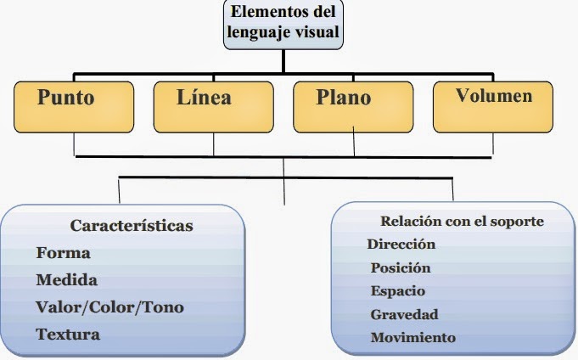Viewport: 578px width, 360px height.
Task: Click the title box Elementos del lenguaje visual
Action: coord(283,24)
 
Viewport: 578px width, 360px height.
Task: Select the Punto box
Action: coord(73,106)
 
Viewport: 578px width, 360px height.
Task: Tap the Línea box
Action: coord(213,106)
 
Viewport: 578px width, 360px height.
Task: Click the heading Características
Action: coord(132,226)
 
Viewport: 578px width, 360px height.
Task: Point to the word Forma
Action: coord(64,253)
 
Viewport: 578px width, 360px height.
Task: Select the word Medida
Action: coord(67,279)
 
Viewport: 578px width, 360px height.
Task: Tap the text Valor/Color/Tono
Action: coord(109,307)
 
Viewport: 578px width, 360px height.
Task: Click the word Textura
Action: coord(68,334)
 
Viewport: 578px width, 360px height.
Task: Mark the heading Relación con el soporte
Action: coord(462,222)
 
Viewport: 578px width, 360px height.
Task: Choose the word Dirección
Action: coord(401,245)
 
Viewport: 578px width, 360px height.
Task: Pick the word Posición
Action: coord(401,268)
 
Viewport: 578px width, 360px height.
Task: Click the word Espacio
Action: coord(398,291)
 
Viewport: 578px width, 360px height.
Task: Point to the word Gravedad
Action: coord(404,314)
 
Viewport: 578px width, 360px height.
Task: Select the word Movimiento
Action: coord(413,337)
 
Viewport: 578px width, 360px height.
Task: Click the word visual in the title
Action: coord(317,34)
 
